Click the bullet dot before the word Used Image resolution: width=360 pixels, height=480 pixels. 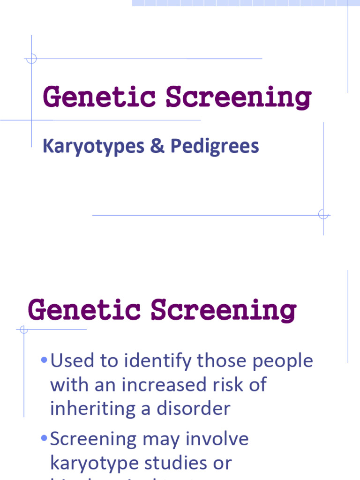[44, 360]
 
